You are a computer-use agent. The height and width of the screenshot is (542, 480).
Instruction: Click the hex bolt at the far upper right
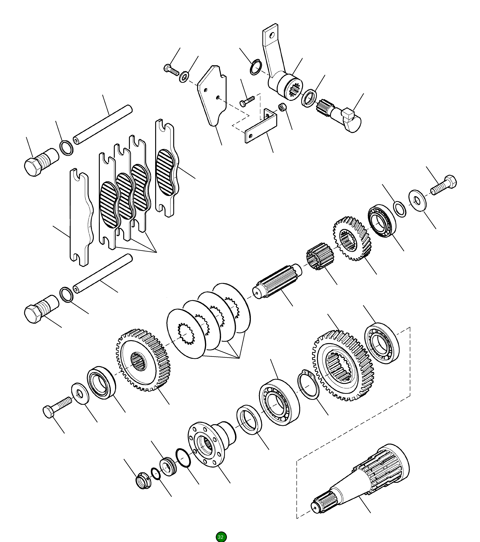click(x=444, y=185)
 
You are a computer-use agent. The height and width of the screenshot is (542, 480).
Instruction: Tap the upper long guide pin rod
click(x=103, y=124)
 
